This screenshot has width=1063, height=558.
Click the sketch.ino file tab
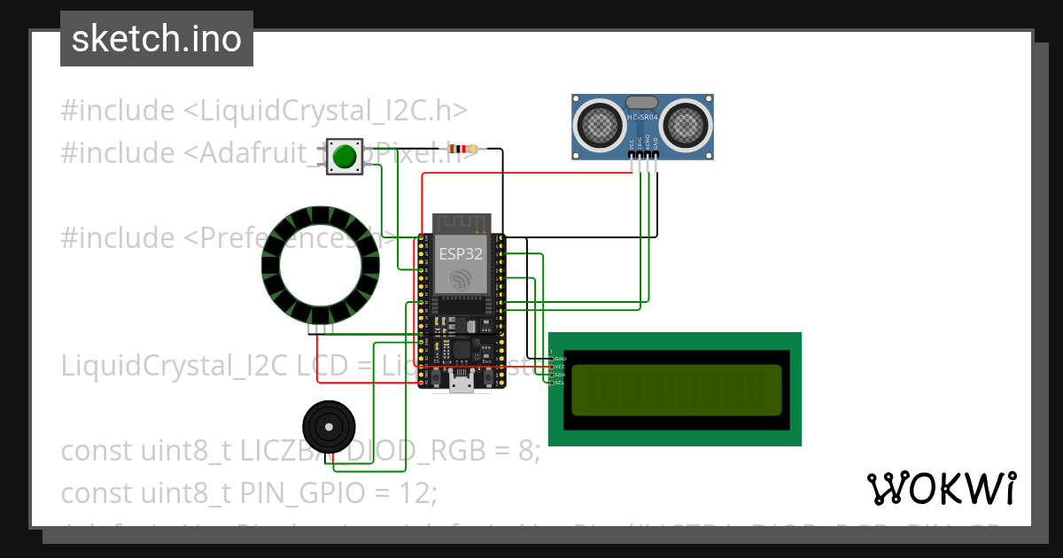coord(157,39)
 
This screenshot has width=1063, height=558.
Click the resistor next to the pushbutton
coord(462,149)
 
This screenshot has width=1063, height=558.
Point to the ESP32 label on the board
coord(461,253)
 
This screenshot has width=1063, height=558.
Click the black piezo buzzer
coord(329,428)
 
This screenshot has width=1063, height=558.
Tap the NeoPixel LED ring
coord(321,265)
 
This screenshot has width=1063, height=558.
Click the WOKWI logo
coord(941,488)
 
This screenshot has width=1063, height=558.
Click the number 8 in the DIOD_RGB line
coord(529,451)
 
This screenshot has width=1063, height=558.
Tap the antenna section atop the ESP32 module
coord(461,221)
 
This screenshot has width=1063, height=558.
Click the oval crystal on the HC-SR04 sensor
coord(643,102)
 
